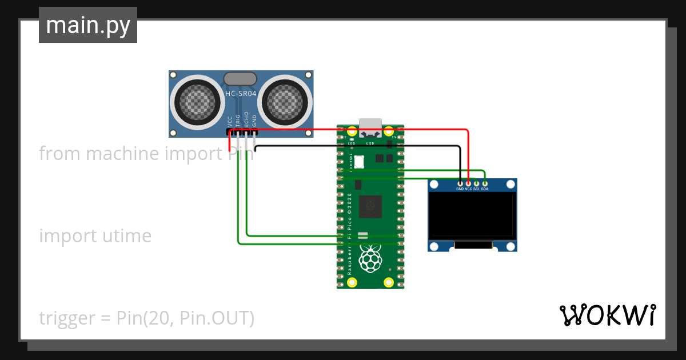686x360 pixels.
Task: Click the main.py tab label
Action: tap(88, 25)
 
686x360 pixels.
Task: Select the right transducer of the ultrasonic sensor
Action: tap(286, 101)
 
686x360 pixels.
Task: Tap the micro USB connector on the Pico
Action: tap(370, 125)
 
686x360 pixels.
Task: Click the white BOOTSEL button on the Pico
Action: tap(359, 162)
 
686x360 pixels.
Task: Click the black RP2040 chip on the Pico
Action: tap(370, 206)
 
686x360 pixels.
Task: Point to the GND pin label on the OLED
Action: tap(460, 189)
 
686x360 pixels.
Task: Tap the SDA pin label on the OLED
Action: tap(484, 189)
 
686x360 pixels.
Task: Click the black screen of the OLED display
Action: tap(472, 215)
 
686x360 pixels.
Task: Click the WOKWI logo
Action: tap(607, 315)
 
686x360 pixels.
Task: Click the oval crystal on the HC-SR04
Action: tap(241, 78)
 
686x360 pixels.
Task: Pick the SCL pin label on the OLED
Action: tap(476, 189)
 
